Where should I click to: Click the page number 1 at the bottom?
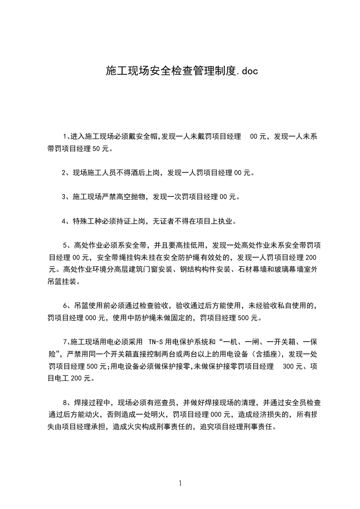[x=181, y=483]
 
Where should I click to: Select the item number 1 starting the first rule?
[x=64, y=137]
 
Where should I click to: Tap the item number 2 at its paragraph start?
[x=64, y=172]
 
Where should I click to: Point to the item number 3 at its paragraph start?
[x=64, y=197]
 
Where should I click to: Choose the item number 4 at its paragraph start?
[x=64, y=221]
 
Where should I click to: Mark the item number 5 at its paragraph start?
[x=64, y=246]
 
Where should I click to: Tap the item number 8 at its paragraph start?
[x=64, y=402]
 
